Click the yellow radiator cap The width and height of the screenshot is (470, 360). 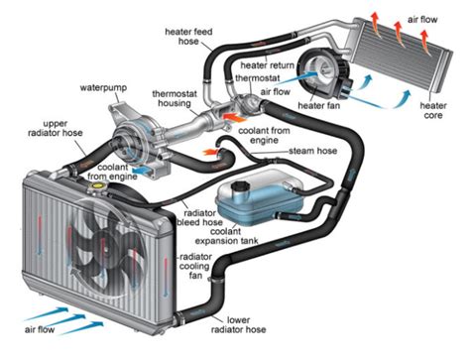pos(97,185)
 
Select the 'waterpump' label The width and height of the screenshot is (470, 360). pos(103,88)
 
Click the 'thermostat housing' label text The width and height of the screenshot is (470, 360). pos(175,98)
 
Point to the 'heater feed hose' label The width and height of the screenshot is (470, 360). pos(188,37)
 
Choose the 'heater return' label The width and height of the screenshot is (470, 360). pos(267,65)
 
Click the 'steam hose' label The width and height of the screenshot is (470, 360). pos(313,151)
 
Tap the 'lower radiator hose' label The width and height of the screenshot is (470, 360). pos(238,325)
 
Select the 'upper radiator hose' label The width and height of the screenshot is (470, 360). pos(56,128)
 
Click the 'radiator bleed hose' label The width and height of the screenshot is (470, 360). pos(199,217)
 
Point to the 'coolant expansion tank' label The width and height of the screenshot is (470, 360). pos(226,236)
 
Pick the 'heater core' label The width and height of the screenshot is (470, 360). pos(433,110)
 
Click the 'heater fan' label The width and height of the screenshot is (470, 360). pos(318,105)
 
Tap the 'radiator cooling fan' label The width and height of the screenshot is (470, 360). pos(195,266)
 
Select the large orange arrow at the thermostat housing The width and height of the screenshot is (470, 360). pos(234,117)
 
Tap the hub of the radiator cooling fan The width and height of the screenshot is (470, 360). pos(102,245)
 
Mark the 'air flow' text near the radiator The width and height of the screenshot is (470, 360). pos(40,329)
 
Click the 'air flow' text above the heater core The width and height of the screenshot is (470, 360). pos(422,20)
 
